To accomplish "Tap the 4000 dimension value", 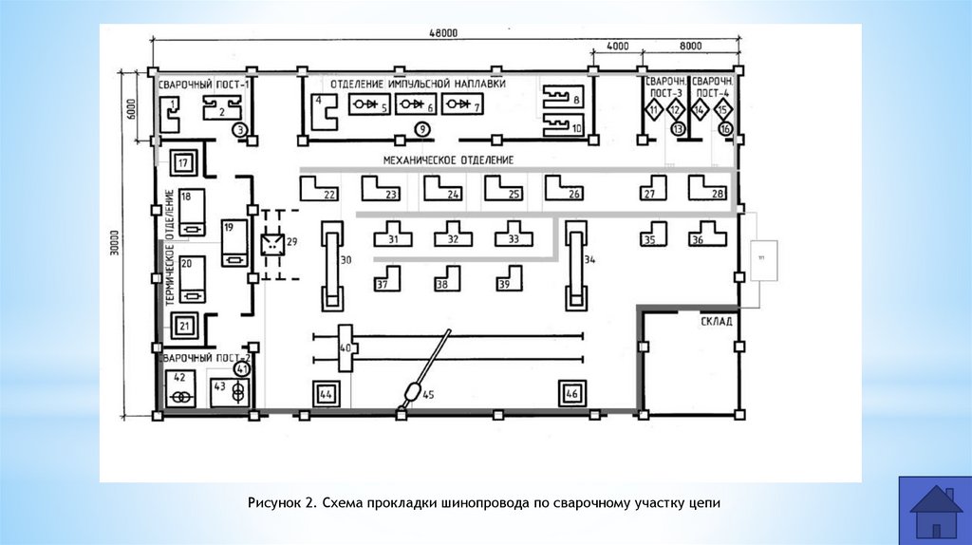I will [617, 46].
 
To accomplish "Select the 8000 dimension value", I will [690, 46].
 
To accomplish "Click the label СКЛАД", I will [718, 321].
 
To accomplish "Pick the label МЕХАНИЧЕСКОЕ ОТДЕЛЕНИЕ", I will [448, 160].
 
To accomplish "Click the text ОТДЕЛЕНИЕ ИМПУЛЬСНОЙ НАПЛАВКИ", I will [419, 84].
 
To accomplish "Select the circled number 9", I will [421, 129].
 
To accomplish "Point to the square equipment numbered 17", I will [184, 162].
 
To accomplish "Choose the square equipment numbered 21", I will [184, 328].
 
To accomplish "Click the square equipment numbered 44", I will [326, 393].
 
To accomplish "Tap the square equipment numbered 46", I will [570, 392].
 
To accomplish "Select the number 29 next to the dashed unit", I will [291, 241].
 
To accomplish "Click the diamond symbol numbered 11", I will [654, 111].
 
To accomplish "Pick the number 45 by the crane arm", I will [428, 395].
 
